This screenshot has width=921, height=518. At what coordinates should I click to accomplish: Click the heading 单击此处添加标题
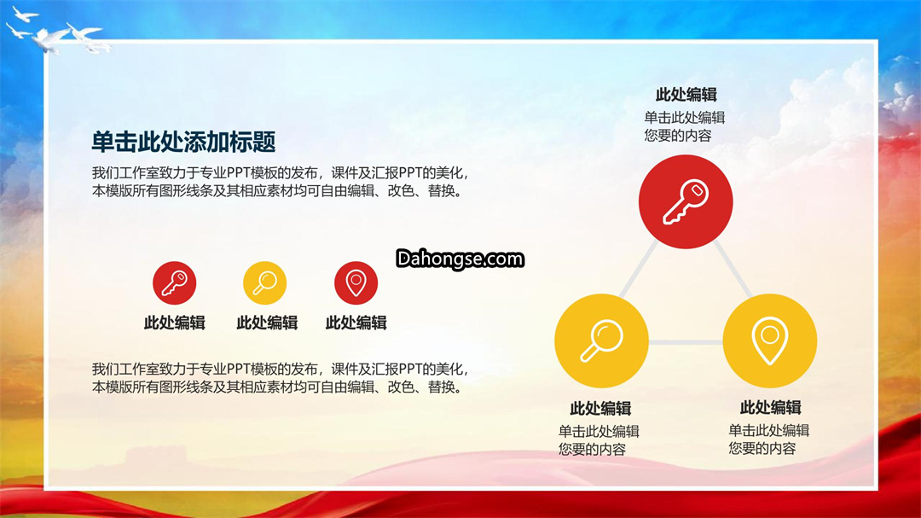pyautogui.click(x=184, y=142)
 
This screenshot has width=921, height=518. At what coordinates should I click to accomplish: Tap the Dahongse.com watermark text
pyautogui.click(x=460, y=259)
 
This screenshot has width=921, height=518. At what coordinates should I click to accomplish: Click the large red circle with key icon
pyautogui.click(x=686, y=201)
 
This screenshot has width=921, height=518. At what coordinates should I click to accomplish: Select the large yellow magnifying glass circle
pyautogui.click(x=601, y=340)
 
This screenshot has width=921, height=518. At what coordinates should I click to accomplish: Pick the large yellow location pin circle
pyautogui.click(x=769, y=340)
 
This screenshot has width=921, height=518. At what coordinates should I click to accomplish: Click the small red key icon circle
pyautogui.click(x=175, y=282)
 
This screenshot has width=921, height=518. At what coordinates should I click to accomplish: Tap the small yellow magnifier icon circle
pyautogui.click(x=265, y=282)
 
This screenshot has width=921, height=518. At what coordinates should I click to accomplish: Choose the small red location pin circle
pyautogui.click(x=356, y=282)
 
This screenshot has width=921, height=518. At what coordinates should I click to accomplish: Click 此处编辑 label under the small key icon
pyautogui.click(x=175, y=323)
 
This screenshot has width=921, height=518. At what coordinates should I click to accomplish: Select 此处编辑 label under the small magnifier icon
pyautogui.click(x=267, y=323)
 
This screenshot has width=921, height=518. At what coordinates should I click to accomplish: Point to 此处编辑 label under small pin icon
pyautogui.click(x=356, y=323)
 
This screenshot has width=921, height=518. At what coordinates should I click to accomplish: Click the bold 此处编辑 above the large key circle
pyautogui.click(x=686, y=94)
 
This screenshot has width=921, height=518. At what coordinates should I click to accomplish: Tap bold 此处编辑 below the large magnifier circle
pyautogui.click(x=600, y=408)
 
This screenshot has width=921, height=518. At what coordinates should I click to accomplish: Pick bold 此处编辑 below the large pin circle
pyautogui.click(x=771, y=407)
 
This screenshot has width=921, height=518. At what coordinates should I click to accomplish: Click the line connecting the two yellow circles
pyautogui.click(x=686, y=342)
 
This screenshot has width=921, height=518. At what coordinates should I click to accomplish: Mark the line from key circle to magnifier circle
pyautogui.click(x=638, y=269)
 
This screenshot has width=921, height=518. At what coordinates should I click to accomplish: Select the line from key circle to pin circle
pyautogui.click(x=733, y=269)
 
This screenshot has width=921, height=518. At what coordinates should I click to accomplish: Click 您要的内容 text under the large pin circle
pyautogui.click(x=762, y=449)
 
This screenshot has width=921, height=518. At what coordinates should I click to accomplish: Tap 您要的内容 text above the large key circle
pyautogui.click(x=678, y=136)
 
